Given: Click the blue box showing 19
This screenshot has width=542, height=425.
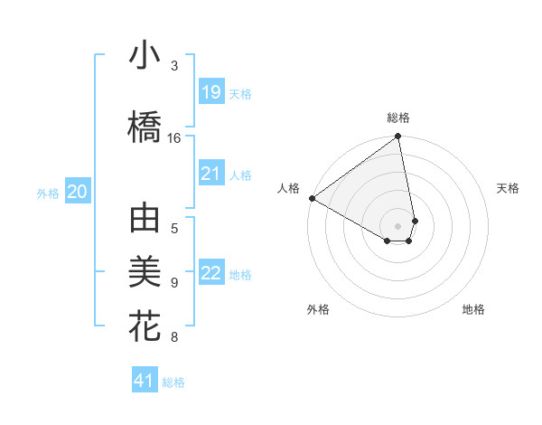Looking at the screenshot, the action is (x=210, y=92).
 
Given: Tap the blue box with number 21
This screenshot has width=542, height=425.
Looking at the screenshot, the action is (x=210, y=174).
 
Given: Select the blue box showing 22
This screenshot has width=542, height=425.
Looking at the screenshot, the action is (x=210, y=273).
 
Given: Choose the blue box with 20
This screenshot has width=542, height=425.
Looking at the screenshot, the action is (x=78, y=192).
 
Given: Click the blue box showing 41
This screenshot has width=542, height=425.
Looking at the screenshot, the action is (x=145, y=381).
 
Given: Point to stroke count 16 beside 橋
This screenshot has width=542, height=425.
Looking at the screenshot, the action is (x=174, y=137).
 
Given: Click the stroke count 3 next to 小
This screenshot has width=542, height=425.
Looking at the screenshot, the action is (x=174, y=65).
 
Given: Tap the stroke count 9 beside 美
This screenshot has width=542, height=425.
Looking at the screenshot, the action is (x=174, y=283).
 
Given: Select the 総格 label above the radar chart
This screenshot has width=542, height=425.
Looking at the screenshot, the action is (x=398, y=118).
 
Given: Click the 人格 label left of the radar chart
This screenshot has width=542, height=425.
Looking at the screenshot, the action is (x=289, y=188).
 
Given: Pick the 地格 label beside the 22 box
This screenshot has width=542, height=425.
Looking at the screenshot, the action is (x=240, y=274).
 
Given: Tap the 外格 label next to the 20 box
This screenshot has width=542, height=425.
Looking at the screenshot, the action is (x=48, y=193).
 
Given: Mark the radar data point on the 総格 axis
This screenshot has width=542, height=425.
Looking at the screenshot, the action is (x=398, y=137).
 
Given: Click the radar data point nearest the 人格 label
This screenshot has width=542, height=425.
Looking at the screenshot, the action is (x=312, y=198).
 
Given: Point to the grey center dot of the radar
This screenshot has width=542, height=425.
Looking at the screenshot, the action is (x=398, y=225).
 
